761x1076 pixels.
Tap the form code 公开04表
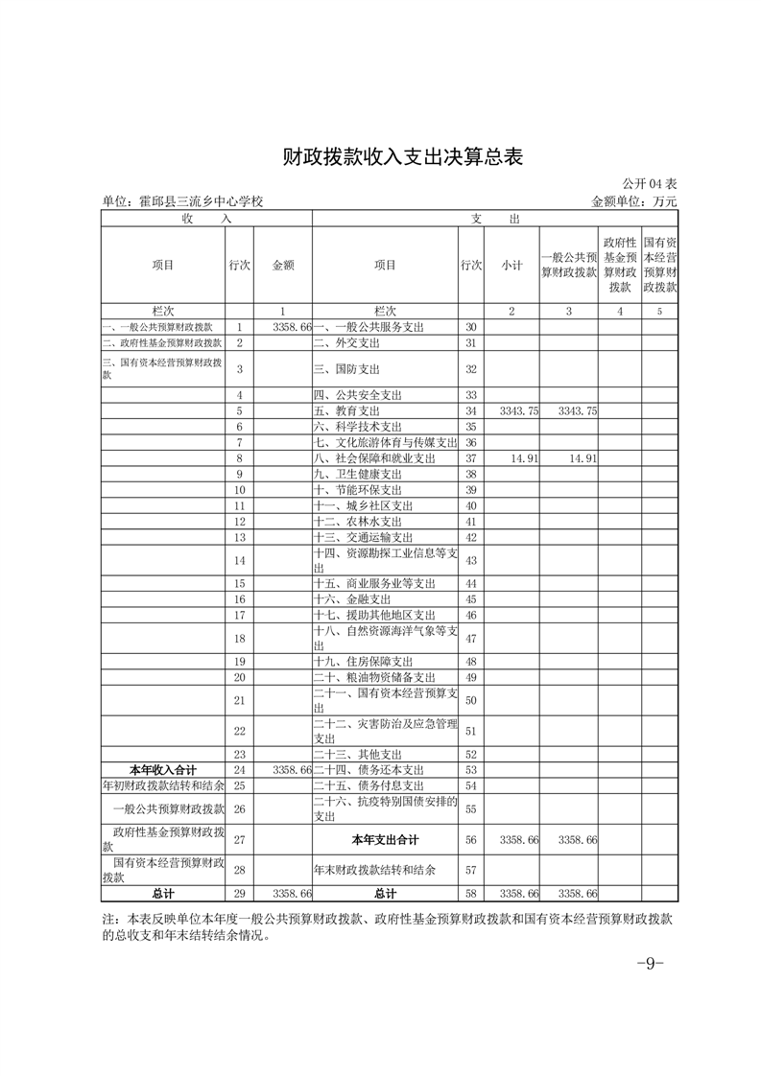coord(649,184)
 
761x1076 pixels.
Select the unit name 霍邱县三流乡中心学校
coord(182,201)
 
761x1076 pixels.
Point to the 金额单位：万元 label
coord(634,201)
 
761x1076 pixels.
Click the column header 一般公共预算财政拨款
coord(569,265)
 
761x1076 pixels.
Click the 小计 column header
coord(511,265)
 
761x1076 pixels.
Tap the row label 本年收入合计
coord(163,770)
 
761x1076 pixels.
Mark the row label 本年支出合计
coord(385,840)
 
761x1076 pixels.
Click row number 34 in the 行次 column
coord(470,409)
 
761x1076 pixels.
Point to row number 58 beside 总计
coord(470,894)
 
